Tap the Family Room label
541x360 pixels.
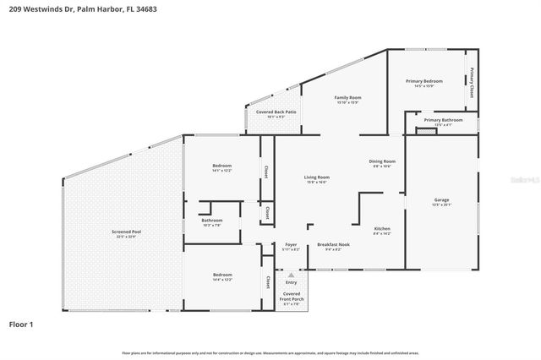348,98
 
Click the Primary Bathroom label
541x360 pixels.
443,120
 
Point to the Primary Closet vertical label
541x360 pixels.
472,82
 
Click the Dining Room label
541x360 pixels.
382,161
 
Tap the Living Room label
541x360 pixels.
317,177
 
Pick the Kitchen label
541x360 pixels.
382,228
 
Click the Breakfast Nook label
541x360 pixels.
333,244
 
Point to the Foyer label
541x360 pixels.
290,244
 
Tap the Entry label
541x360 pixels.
291,282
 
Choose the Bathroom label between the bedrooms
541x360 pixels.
211,221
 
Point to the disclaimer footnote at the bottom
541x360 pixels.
270,352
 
